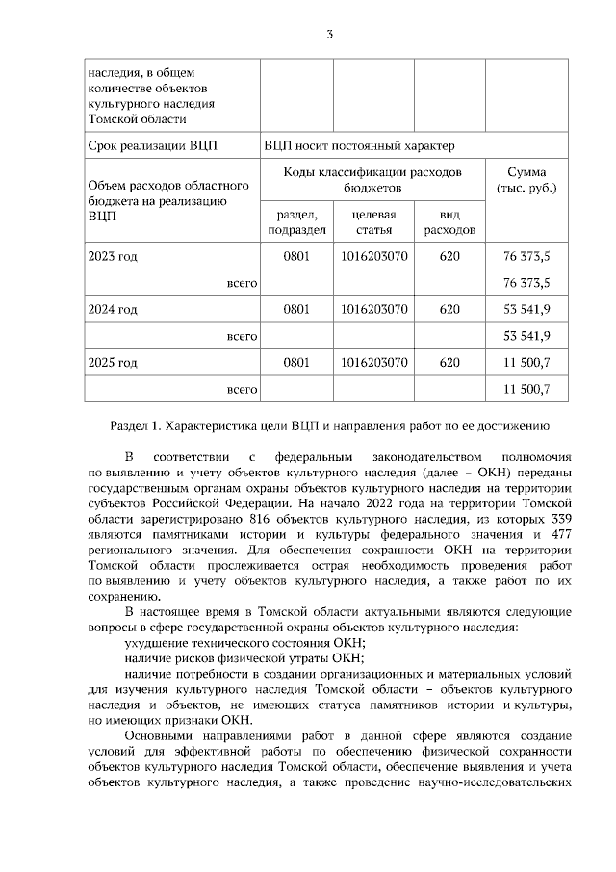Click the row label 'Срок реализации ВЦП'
[152, 146]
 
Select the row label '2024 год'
[113, 309]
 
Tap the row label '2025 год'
[113, 363]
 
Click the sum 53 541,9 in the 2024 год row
[526, 309]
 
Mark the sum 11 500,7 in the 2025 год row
[526, 363]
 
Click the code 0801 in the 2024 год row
[297, 309]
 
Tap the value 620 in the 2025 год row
[449, 363]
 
